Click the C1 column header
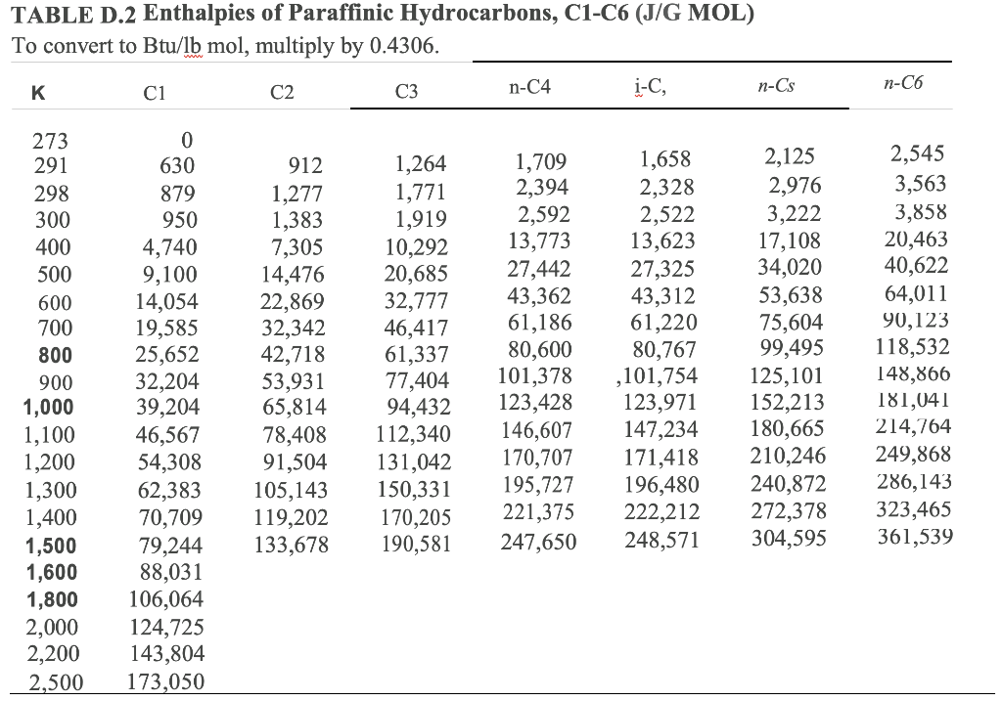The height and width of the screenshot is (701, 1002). coord(153,93)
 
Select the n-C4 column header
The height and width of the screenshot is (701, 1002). coord(529,87)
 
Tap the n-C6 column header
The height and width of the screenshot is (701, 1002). coord(902,84)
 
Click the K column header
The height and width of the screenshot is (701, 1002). coord(37,93)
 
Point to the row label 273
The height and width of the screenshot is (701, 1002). coord(51,141)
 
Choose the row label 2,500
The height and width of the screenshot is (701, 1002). coord(54,681)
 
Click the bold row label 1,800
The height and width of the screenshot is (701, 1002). coord(52,599)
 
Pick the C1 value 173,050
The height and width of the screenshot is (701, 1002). coord(167,681)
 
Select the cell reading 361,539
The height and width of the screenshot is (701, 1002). coord(914,537)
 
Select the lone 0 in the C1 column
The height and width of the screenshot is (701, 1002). coord(187,141)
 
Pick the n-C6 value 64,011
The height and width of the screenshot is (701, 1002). coord(916,293)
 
